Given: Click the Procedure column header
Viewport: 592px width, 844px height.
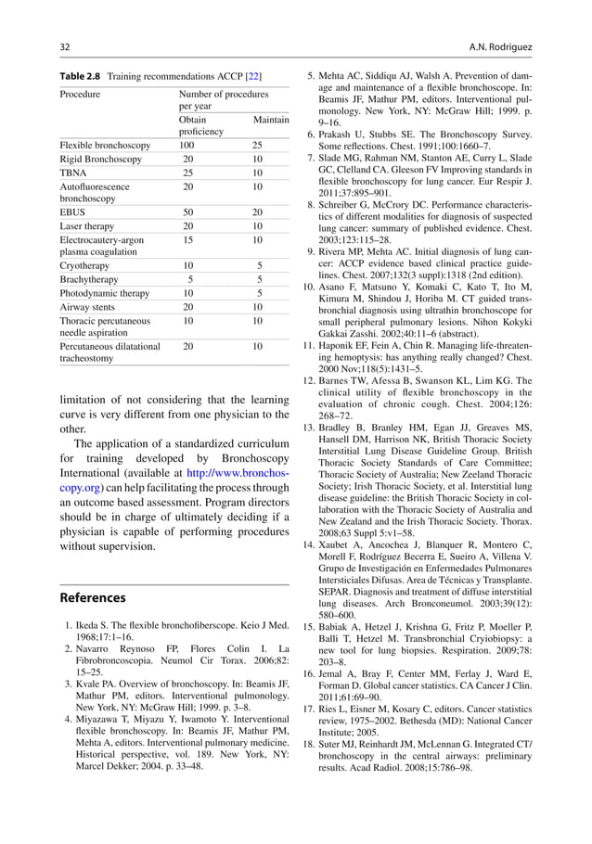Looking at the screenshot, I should tap(81, 95).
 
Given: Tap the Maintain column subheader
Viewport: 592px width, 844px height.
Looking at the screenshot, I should tap(271, 121).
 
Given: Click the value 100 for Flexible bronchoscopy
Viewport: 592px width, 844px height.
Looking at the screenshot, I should tap(187, 146).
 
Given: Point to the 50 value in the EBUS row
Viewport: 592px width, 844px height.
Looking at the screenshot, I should tap(187, 212).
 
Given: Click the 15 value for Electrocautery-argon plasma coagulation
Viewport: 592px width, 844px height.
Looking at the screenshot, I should tap(187, 239).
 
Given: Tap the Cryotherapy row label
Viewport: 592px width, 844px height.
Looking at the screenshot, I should tap(85, 266).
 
